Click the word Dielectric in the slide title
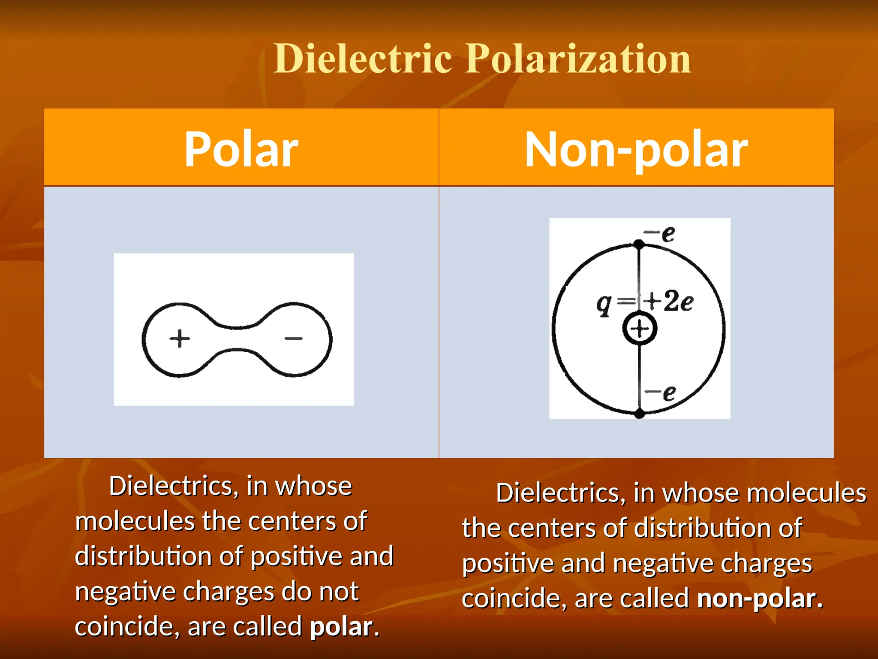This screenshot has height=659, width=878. click(x=363, y=59)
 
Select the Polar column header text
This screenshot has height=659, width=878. click(x=241, y=149)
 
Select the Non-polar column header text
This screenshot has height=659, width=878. click(x=636, y=149)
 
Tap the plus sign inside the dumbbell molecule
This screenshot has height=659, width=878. click(x=180, y=339)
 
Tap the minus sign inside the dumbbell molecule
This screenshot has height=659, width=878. click(x=294, y=339)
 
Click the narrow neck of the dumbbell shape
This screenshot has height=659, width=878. click(x=236, y=339)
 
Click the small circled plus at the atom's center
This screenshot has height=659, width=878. click(x=640, y=329)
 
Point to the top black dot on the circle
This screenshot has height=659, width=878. click(x=639, y=244)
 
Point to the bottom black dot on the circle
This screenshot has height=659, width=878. click(x=639, y=414)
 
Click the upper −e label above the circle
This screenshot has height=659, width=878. click(x=660, y=234)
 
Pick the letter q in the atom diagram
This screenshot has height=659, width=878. click(x=604, y=304)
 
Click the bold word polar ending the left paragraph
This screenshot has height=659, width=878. click(x=342, y=627)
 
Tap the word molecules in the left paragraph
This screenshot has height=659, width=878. click(x=135, y=521)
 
